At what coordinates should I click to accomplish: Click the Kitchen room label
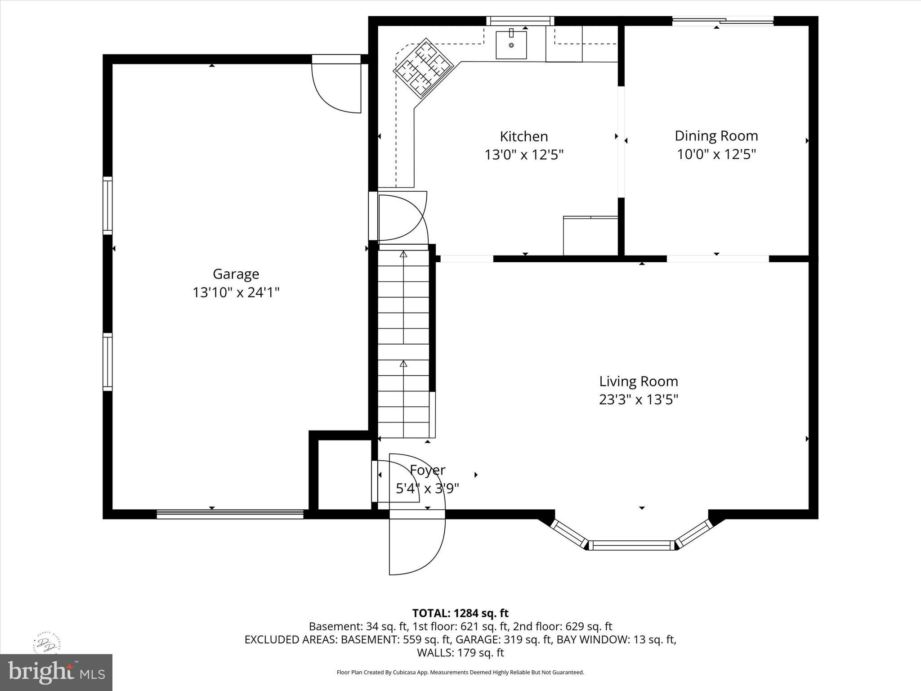pos(523,136)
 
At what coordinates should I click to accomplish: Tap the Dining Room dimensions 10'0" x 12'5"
pos(716,154)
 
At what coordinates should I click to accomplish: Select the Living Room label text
pos(638,381)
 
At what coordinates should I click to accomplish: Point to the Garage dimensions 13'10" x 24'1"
pos(236,292)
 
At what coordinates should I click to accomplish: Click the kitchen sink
pos(511,45)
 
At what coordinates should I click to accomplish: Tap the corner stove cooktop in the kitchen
pos(423,67)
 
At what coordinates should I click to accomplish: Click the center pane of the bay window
pos(631,545)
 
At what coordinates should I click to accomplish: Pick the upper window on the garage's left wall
pos(107,205)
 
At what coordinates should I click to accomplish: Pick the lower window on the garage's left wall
pos(107,361)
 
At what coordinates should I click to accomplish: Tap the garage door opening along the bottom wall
pos(230,514)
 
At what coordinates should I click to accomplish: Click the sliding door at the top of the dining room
pos(722,21)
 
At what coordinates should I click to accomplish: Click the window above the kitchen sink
pos(520,21)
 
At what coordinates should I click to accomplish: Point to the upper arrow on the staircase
pos(403,255)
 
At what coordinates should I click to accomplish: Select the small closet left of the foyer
pos(344,475)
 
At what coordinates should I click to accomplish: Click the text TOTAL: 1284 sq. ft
pos(460,613)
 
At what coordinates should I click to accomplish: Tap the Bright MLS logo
pos(56,672)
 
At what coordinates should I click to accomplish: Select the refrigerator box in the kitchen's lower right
pos(590,236)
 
